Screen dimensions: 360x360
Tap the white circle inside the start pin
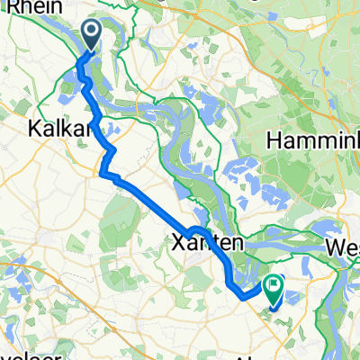click(x=94, y=32)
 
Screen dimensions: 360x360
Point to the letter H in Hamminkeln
click(x=274, y=141)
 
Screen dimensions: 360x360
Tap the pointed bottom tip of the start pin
click(x=94, y=49)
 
